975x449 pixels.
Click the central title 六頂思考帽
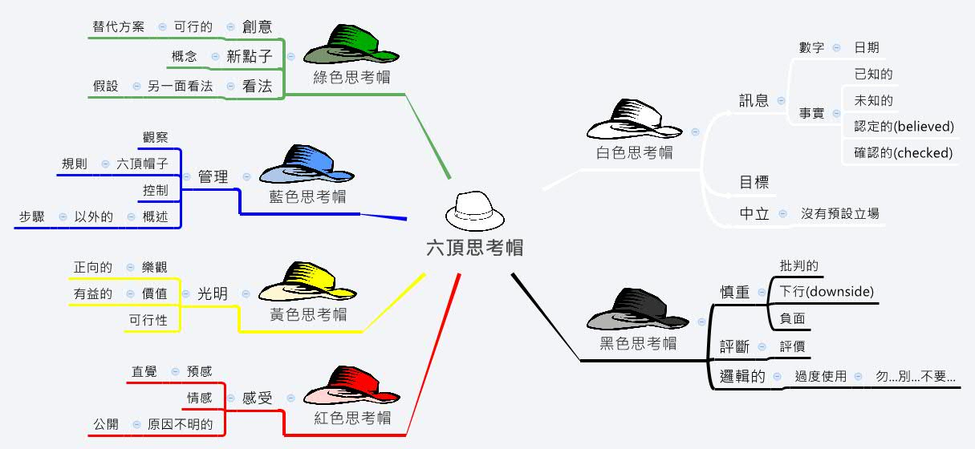475,248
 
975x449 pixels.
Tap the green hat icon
351,44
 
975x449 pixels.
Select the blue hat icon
307,164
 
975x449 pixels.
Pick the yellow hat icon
307,282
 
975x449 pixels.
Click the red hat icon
351,386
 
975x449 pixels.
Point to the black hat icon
638,309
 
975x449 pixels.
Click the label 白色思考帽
635,152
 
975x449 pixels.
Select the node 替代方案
119,26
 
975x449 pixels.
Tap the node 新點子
250,56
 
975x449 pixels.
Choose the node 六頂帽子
142,164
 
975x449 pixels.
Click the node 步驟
32,216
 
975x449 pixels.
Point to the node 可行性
148,321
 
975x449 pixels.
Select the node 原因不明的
181,424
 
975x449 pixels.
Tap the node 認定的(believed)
904,127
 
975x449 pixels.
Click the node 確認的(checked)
904,153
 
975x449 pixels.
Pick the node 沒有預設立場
840,213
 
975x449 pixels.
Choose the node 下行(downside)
827,292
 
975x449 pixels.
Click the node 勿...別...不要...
916,376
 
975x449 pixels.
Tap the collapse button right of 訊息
781,101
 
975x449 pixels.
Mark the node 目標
754,182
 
